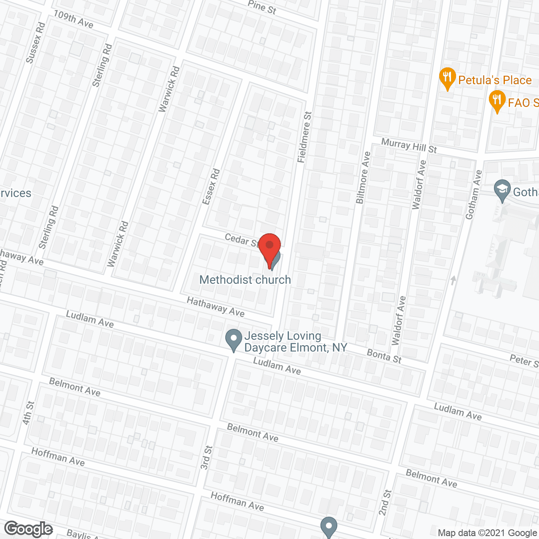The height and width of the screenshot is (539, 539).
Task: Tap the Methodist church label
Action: pos(245,280)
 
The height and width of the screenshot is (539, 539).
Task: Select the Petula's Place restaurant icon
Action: pos(447,78)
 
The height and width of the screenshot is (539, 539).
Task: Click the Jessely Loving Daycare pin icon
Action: pos(234,339)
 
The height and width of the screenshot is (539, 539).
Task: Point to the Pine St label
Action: pos(262,7)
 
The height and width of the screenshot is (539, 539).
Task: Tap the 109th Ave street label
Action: pos(73,19)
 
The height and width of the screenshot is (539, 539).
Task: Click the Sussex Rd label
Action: pos(35,43)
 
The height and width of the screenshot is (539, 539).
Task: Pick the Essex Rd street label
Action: pos(211,187)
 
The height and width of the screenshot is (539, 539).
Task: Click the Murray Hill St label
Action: pos(409,146)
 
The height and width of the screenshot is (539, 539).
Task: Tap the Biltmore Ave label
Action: pos(363,177)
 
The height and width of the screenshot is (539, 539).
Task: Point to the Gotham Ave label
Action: pos(473,194)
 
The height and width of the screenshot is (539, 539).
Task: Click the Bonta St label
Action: pos(384,356)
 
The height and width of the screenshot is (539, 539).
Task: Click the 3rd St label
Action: pos(206,457)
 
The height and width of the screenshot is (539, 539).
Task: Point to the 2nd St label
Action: pos(385,502)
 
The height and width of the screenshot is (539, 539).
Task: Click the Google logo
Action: pos(29,529)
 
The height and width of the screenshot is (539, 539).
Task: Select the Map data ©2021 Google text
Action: pos(487,533)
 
